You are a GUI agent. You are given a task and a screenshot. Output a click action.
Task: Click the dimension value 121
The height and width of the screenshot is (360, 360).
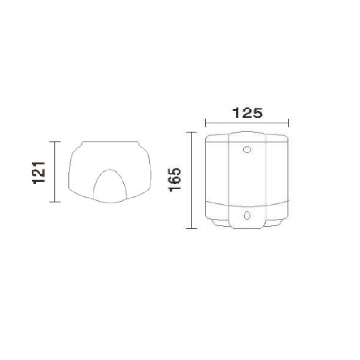38,173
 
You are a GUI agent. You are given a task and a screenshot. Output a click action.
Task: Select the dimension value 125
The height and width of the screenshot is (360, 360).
247,113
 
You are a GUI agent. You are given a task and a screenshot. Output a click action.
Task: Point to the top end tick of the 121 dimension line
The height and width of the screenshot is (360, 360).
55,142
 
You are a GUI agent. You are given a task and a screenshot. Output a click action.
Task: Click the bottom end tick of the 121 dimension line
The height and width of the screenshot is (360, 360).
55,202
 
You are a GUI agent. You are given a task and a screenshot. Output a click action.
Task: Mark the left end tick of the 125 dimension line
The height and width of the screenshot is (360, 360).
206,123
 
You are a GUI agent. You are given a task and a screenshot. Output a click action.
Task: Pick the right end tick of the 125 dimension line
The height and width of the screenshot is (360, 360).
288,123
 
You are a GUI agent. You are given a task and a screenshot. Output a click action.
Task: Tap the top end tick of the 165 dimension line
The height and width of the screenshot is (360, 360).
192,132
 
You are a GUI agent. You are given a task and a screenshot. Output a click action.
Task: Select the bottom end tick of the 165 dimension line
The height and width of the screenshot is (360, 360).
192,229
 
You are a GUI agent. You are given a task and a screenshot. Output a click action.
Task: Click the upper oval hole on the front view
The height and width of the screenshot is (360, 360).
247,150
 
